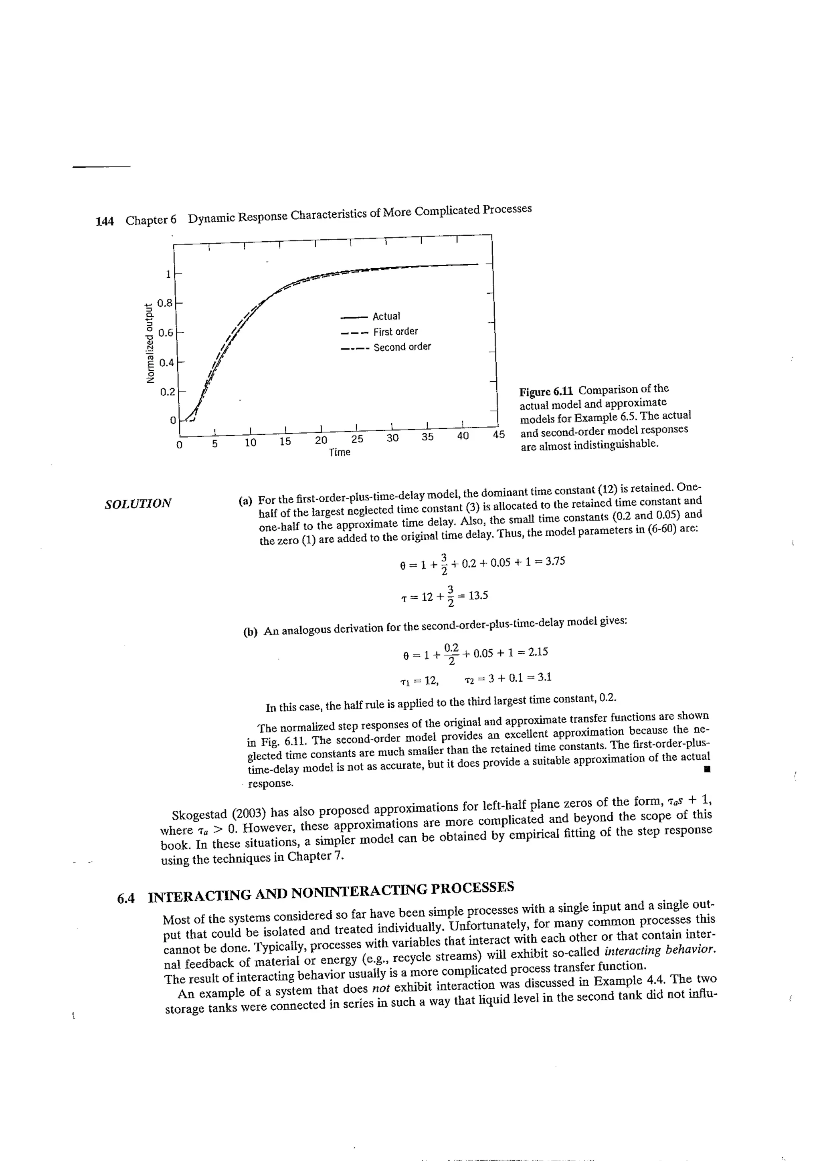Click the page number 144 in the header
click(104, 221)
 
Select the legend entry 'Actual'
click(386, 317)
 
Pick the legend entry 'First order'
click(396, 332)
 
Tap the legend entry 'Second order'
click(402, 347)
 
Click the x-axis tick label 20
click(321, 440)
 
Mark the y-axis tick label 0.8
click(165, 303)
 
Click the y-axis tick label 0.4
click(166, 363)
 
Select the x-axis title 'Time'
click(340, 452)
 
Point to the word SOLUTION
click(138, 504)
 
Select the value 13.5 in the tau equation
click(478, 596)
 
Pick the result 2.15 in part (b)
click(537, 652)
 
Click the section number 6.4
click(126, 899)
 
